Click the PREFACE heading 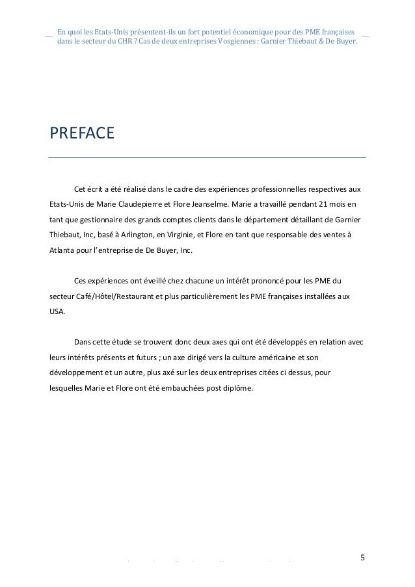click(x=82, y=135)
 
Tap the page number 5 click(x=362, y=556)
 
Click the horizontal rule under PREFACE click(x=207, y=157)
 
